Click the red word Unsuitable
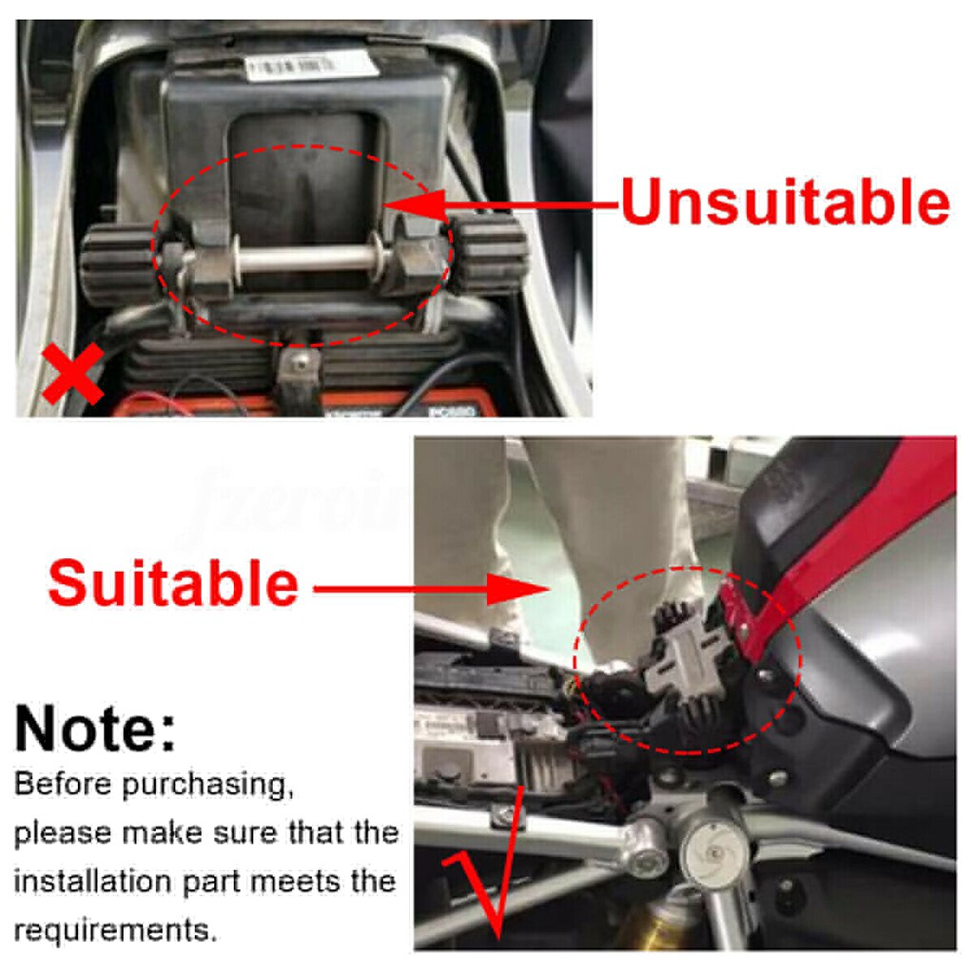(785, 204)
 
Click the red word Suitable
(173, 583)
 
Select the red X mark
(72, 375)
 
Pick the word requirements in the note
(115, 929)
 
